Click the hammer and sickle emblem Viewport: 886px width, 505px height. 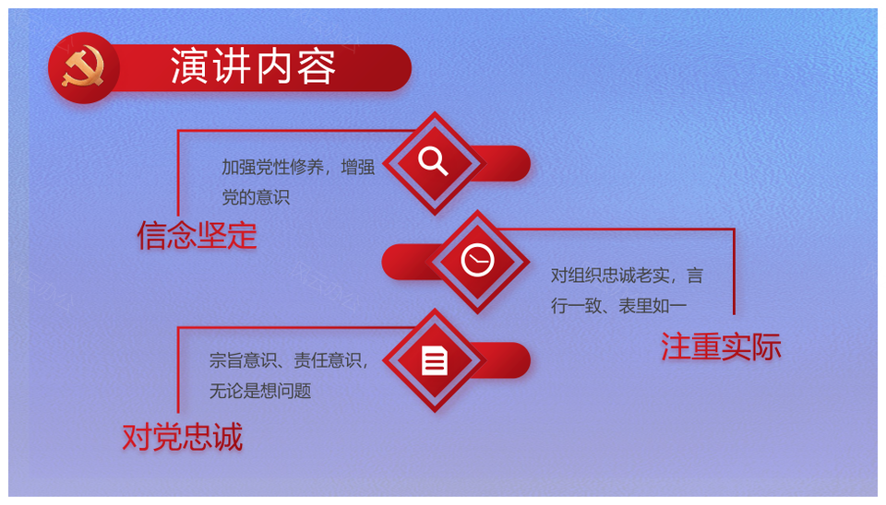coord(83,67)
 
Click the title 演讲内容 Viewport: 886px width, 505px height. coord(253,67)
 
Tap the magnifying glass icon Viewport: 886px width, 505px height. coord(433,161)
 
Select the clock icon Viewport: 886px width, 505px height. coord(477,261)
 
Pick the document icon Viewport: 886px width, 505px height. coord(434,360)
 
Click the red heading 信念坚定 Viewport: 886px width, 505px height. coord(197,235)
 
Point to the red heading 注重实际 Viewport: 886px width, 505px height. coord(721,346)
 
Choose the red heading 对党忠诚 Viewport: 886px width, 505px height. coord(183,437)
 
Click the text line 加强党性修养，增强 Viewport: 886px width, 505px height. coord(298,167)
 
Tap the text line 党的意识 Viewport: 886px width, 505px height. coord(256,197)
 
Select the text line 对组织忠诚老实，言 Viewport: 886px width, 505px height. coord(627,276)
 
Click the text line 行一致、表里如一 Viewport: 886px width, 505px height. coord(618,306)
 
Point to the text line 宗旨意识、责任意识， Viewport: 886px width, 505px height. coord(289,360)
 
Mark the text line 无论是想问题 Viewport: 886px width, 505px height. coord(260,391)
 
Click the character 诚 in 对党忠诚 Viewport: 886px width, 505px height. coord(228,437)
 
